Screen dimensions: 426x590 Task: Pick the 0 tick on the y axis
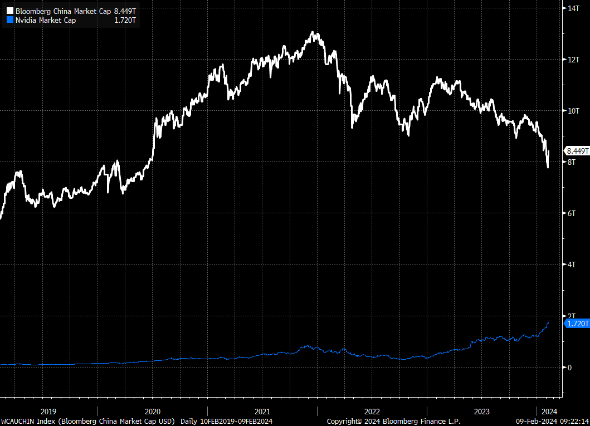point(570,367)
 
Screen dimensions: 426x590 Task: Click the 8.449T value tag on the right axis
point(577,150)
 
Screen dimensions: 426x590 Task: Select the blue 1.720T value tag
point(577,323)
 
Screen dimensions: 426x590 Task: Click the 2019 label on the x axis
point(48,411)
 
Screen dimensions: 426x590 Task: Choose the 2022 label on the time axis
point(372,411)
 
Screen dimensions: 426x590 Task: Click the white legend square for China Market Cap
point(9,11)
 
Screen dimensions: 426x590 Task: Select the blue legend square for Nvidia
point(9,21)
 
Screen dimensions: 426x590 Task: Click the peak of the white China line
point(315,33)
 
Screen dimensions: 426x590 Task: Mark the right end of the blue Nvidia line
point(549,322)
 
